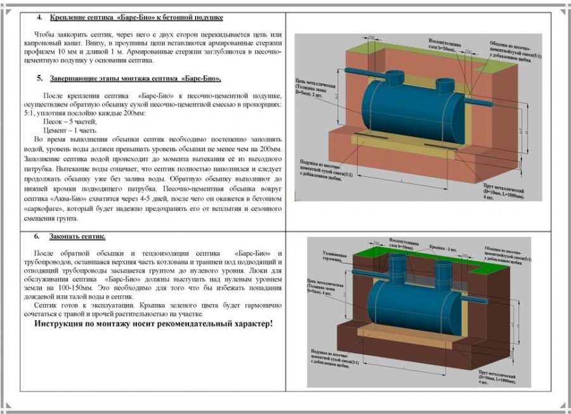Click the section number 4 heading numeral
click(x=40, y=17)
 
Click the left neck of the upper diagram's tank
click(x=395, y=80)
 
